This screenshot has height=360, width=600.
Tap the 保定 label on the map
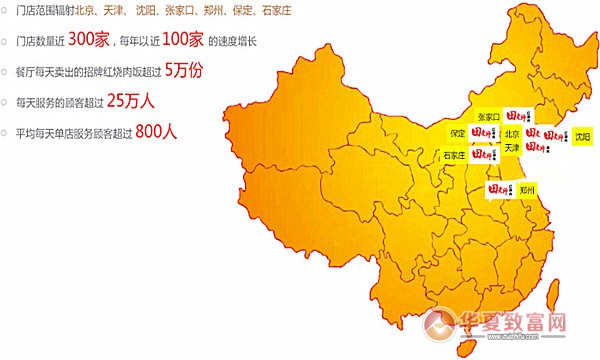(458, 132)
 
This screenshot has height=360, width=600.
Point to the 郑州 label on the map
(527, 188)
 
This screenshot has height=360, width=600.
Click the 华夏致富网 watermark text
(520, 324)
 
